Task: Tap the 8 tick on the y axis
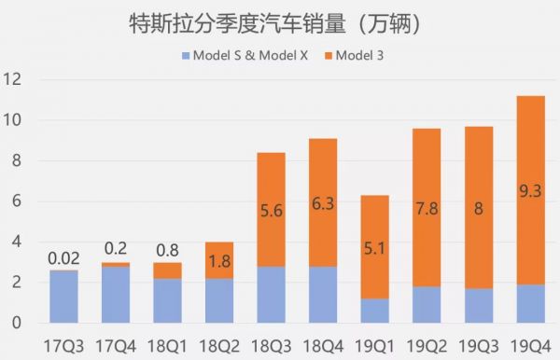13,161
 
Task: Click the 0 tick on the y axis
13,323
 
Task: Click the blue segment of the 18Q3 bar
271,294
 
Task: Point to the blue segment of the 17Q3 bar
63,297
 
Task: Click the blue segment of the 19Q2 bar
426,304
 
